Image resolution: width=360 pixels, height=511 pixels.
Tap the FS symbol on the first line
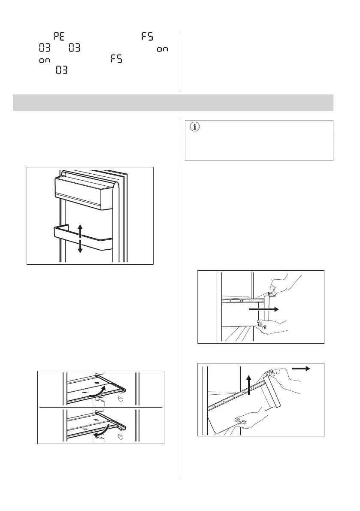click(x=147, y=37)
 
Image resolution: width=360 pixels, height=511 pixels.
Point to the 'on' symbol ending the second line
click(x=162, y=50)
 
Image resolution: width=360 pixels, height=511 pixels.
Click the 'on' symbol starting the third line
click(x=44, y=60)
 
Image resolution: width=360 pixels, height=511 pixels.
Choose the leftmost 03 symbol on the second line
click(x=45, y=48)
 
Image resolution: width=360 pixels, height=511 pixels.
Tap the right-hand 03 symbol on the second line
click(x=75, y=48)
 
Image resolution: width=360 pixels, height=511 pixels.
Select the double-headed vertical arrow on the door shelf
click(x=80, y=238)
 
